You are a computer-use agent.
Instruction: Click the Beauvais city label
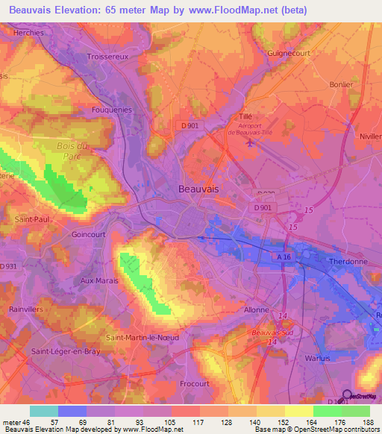click(x=199, y=189)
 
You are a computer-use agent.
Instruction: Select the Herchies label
click(x=28, y=33)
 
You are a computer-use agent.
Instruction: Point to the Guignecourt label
click(x=289, y=54)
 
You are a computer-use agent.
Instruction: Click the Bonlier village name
click(x=341, y=84)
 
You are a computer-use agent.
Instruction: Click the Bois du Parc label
click(x=72, y=151)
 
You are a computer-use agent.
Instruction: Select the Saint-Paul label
click(x=31, y=219)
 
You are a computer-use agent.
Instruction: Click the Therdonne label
click(x=348, y=262)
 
